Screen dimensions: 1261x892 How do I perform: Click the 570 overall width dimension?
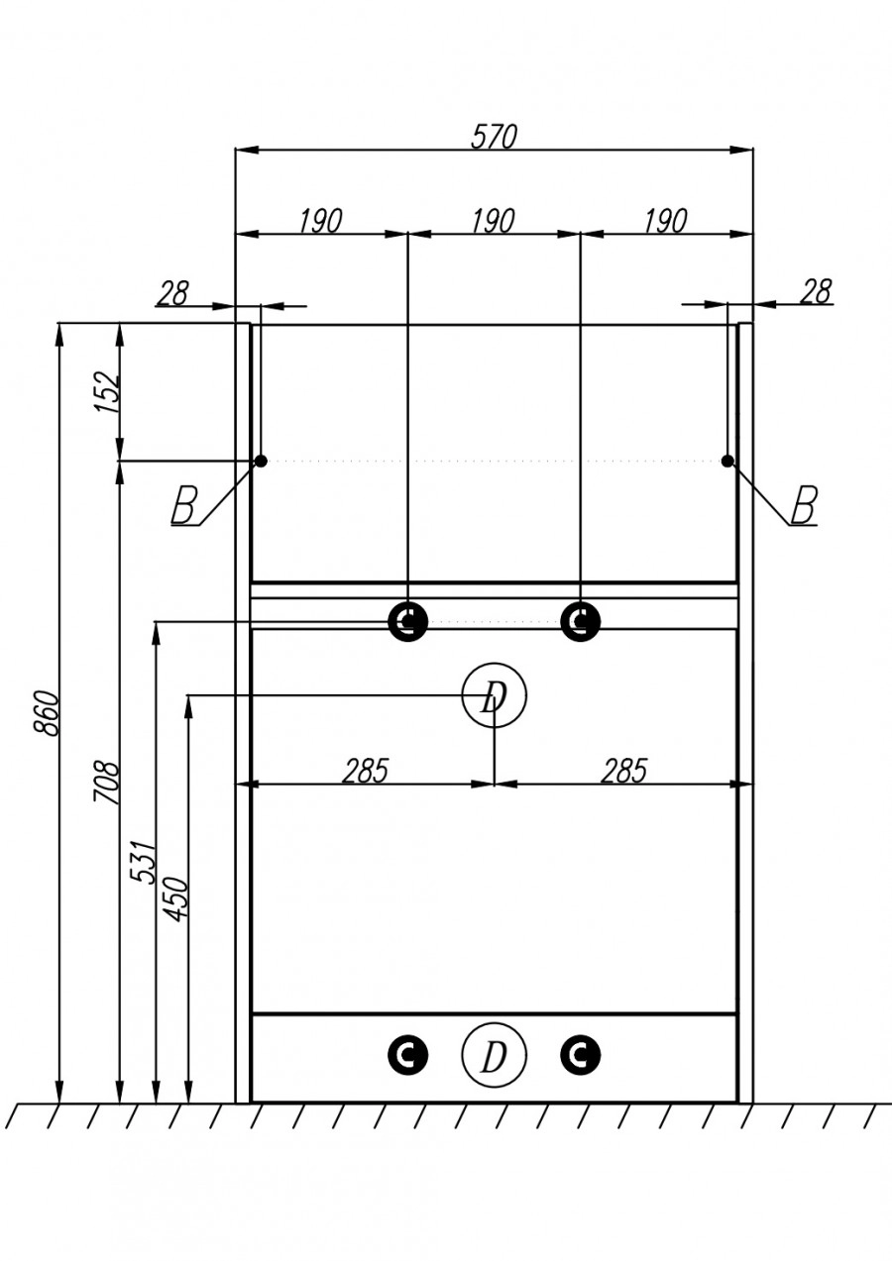[x=494, y=137]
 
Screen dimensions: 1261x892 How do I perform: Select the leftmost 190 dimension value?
[x=320, y=221]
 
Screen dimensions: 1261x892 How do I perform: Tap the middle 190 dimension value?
[x=493, y=221]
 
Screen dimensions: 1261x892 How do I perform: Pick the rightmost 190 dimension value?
[x=665, y=221]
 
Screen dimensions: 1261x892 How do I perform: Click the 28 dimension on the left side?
[x=172, y=293]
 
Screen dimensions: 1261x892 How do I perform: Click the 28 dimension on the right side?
[x=816, y=291]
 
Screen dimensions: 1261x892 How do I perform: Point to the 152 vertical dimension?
[x=108, y=392]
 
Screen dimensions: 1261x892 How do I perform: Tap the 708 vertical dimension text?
[x=108, y=783]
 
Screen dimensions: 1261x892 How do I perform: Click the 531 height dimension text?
[x=145, y=862]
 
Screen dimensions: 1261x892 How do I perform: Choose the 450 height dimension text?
[x=176, y=898]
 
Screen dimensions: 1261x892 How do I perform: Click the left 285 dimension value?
[x=366, y=771]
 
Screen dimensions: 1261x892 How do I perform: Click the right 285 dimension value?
[x=623, y=771]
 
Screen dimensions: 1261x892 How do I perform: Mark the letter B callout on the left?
[x=184, y=506]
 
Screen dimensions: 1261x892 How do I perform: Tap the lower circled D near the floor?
[x=494, y=1056]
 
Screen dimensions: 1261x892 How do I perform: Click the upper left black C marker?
[x=407, y=622]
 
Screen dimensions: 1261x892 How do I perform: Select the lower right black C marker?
[x=580, y=1055]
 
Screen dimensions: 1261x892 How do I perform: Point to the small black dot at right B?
[x=727, y=461]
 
